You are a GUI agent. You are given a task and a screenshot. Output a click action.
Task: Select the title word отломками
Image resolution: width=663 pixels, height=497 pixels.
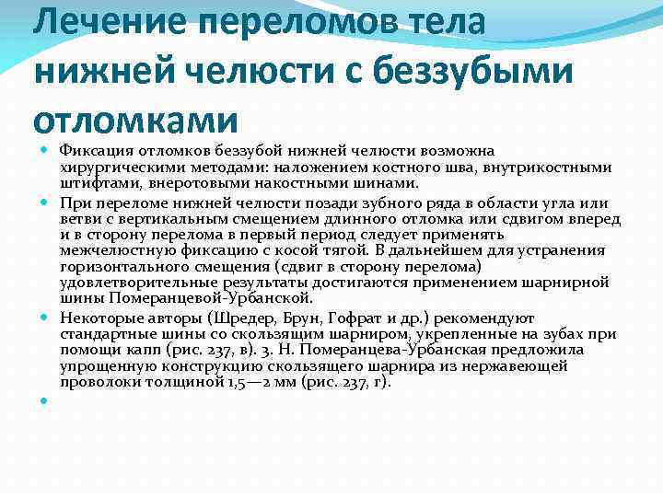pos(135,120)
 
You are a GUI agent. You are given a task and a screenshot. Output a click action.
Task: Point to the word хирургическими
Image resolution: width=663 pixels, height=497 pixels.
pos(117,167)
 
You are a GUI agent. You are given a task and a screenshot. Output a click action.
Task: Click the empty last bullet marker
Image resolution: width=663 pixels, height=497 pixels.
pos(44,400)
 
